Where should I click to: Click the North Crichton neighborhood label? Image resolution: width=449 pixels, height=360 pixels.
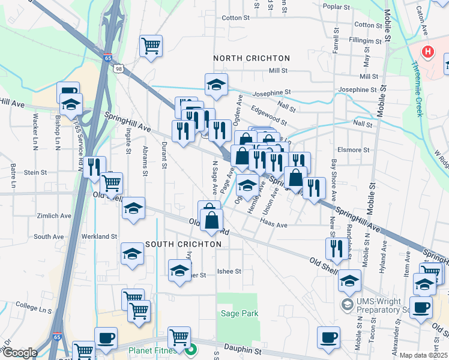click(252, 58)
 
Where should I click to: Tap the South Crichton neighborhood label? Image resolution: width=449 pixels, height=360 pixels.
click(183, 244)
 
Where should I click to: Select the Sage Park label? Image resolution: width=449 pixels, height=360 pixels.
click(239, 313)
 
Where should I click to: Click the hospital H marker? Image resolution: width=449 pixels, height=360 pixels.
click(428, 52)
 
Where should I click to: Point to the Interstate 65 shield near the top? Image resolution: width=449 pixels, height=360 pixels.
click(107, 58)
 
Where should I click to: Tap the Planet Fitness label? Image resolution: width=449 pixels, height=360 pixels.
click(156, 349)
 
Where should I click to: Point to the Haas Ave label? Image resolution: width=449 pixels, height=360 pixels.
click(274, 225)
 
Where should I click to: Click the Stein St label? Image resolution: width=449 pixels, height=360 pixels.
click(35, 172)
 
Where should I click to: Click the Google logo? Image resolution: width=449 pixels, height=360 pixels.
click(20, 353)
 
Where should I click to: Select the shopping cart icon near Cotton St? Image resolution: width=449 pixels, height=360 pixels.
click(151, 46)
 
